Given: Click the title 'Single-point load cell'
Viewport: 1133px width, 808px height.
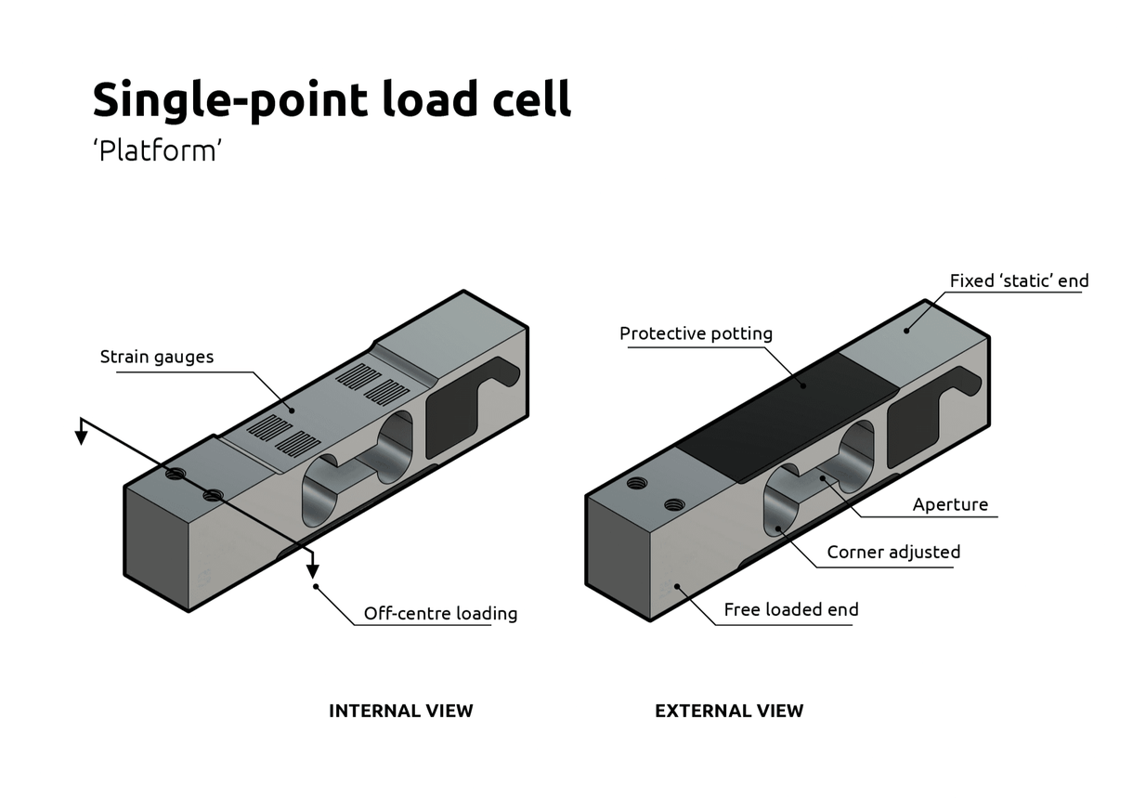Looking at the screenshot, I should (x=332, y=99).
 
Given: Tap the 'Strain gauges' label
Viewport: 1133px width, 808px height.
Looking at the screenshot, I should (x=156, y=357).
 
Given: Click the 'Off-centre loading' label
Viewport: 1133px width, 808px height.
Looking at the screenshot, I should (x=440, y=613).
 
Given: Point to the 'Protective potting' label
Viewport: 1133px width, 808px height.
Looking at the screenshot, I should (x=696, y=333).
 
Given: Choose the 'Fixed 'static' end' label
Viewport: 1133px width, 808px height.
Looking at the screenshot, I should (x=1019, y=280).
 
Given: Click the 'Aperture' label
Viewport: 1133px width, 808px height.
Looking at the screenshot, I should (x=950, y=504).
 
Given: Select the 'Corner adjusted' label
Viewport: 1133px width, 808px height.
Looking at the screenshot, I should (x=893, y=553).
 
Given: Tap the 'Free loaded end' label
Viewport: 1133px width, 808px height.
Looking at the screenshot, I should (x=791, y=609).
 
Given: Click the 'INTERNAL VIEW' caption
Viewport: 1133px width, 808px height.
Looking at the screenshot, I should (x=401, y=710).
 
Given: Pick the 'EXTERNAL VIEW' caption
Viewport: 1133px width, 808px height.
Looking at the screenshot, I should (x=729, y=710).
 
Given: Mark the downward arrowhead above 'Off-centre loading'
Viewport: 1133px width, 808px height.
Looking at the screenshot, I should (x=314, y=567).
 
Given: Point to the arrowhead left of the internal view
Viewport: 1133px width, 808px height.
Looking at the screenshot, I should (x=82, y=436).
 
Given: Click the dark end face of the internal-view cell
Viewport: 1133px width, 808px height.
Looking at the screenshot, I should (x=156, y=548).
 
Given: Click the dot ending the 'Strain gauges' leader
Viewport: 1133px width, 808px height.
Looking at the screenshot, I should (x=291, y=409).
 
